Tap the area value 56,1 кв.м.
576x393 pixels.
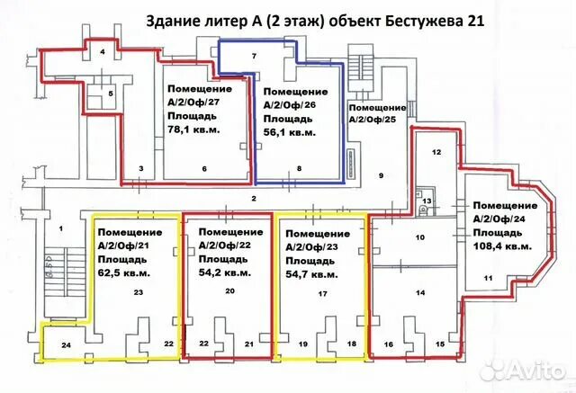tap(289, 132)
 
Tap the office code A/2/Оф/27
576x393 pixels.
tap(193, 101)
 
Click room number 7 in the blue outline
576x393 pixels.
tap(255, 57)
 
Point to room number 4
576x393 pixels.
tap(103, 53)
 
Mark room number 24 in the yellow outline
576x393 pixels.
tap(67, 344)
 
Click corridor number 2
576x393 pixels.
tap(255, 198)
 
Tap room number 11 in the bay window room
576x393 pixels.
tap(488, 279)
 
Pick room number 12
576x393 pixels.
tap(435, 153)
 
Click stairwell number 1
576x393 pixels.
tap(62, 229)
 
